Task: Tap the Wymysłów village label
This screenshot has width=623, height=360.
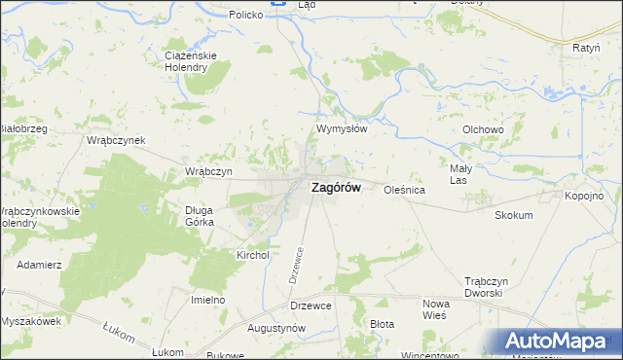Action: (x=340, y=128)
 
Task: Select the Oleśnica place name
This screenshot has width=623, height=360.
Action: (x=405, y=191)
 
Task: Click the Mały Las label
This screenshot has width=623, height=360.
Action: (x=459, y=174)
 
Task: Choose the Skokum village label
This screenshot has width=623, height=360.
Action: (x=514, y=215)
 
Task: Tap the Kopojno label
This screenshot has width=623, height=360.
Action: (x=584, y=196)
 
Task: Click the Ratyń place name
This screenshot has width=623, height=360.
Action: (x=586, y=47)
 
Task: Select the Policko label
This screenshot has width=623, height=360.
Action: (x=247, y=16)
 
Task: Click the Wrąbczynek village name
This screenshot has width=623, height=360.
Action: (x=116, y=140)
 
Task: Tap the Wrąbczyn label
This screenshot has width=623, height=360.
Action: (x=208, y=171)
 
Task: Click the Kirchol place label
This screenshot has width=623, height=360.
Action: (x=252, y=255)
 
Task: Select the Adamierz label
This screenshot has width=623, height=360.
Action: (x=40, y=265)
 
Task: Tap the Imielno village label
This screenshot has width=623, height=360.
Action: (x=207, y=300)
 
